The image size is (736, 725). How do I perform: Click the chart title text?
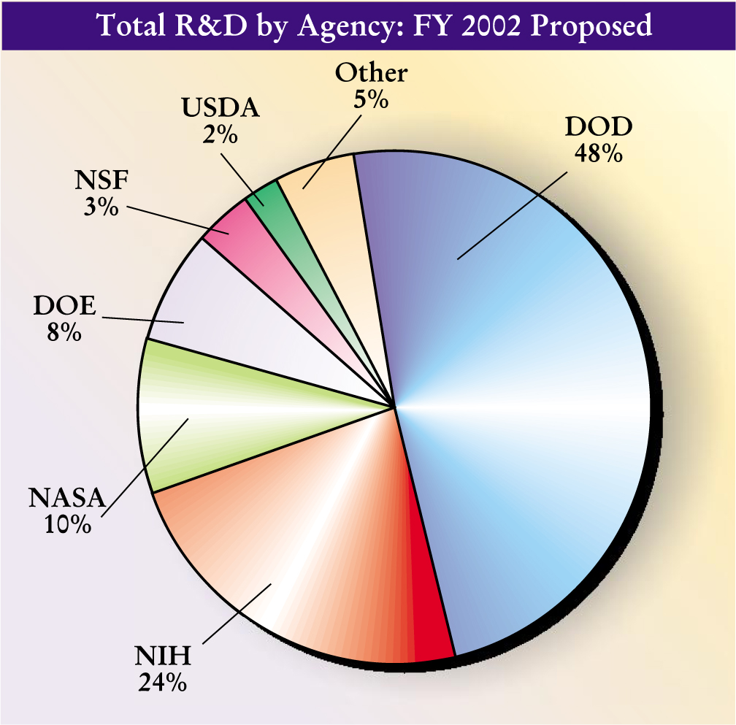coord(375,26)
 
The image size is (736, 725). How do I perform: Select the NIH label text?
coord(163,656)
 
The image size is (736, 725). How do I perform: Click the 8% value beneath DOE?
coord(64,332)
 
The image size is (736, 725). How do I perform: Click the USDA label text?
coord(220,109)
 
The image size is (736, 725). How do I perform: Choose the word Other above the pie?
coord(371,73)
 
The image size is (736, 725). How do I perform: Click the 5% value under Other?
coord(371,99)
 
